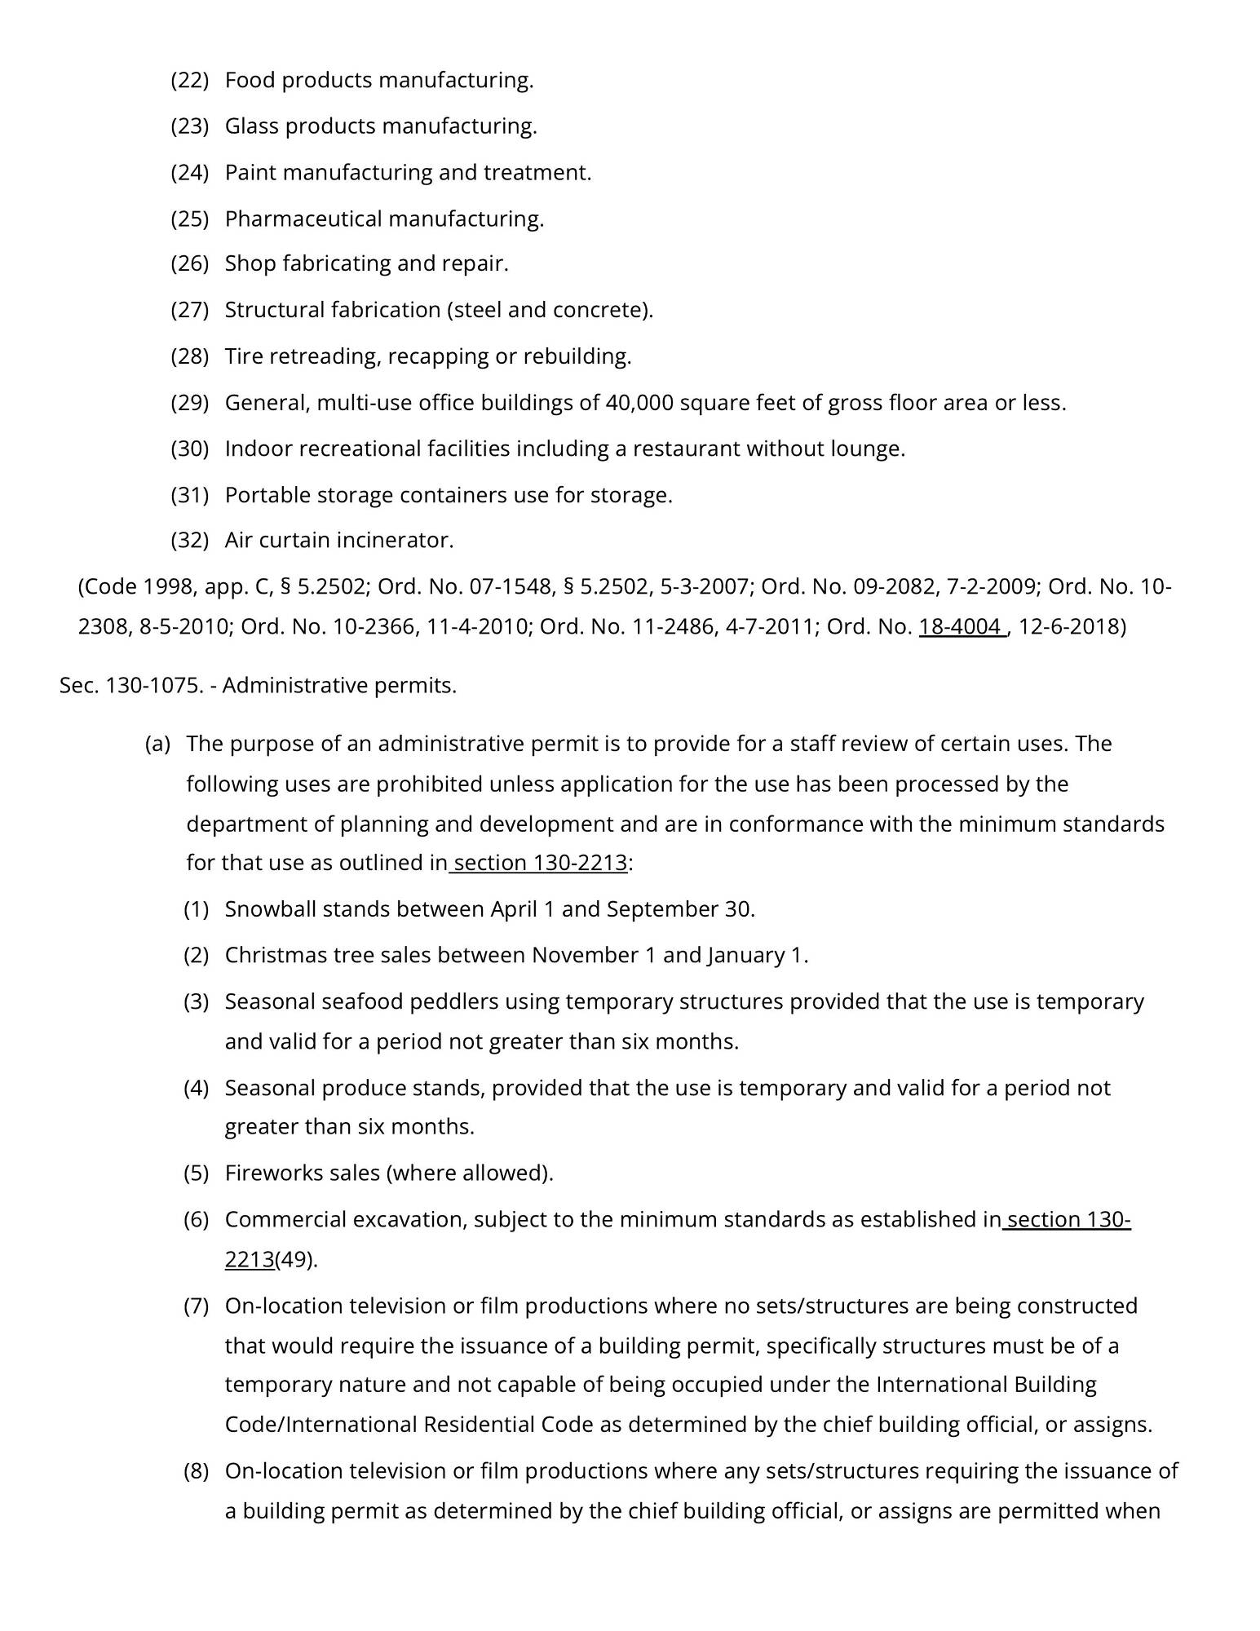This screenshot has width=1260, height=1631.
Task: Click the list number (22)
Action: point(189,81)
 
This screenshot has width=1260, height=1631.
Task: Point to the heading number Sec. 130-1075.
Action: point(130,686)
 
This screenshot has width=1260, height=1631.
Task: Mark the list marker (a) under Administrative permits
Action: point(157,745)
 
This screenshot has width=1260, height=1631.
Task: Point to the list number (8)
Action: point(196,1471)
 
